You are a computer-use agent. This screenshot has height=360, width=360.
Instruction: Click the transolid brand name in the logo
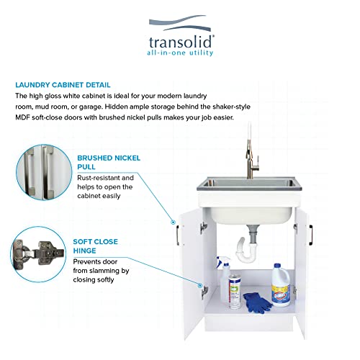tap(179, 40)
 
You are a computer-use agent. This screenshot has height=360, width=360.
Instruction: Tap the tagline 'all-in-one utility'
tap(180, 53)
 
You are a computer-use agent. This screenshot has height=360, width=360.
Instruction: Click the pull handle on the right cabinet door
tap(315, 236)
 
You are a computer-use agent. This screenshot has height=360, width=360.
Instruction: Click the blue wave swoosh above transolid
tap(179, 24)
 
